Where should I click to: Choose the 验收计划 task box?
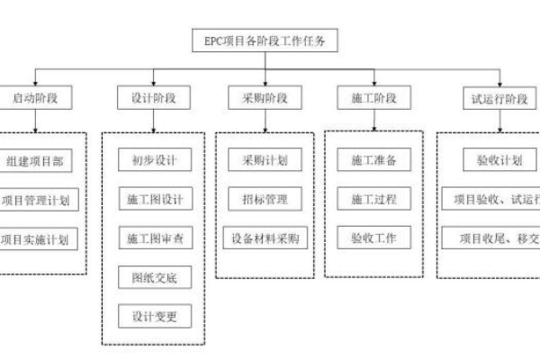[x=494, y=161]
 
